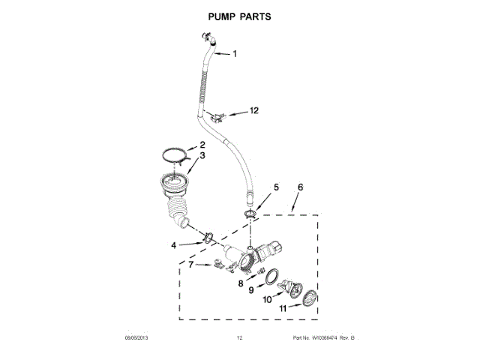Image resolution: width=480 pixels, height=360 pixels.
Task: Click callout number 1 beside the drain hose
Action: pos(234,53)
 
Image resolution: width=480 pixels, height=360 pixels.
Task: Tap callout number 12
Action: pos(253,110)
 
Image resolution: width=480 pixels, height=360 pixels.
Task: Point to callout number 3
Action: pos(202,156)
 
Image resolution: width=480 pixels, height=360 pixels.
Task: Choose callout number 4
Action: pos(174,244)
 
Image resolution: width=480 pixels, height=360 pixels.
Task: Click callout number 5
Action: pos(275,187)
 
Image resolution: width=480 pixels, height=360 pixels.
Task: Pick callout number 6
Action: pos(301,187)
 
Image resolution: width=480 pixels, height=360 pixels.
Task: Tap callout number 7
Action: pos(191,264)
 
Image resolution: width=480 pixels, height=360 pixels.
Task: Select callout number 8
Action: pos(241,284)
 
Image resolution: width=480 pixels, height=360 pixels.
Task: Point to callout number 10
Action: pos(268,300)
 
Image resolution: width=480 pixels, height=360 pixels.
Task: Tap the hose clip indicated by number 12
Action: pos(218,115)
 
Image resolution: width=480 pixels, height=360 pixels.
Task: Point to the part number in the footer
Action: pos(323,339)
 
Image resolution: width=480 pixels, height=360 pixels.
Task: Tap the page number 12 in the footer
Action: pos(240,339)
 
